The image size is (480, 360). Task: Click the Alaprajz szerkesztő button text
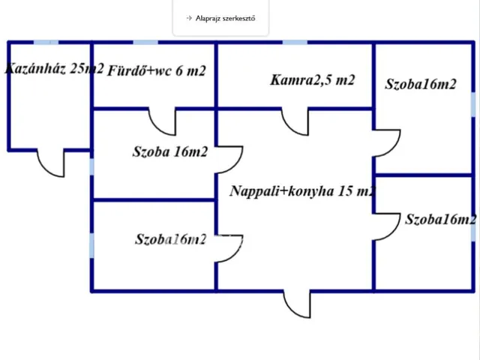pyautogui.click(x=225, y=18)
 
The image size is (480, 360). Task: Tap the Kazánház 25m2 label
pyautogui.click(x=55, y=68)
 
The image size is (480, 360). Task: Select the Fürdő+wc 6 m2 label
pyautogui.click(x=157, y=70)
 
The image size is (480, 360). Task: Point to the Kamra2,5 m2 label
pyautogui.click(x=312, y=80)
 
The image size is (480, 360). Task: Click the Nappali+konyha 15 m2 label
pyautogui.click(x=302, y=191)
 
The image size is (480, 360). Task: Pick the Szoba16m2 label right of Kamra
pyautogui.click(x=421, y=84)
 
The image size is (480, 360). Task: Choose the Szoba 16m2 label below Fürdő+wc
pyautogui.click(x=170, y=151)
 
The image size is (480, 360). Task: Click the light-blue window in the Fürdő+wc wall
pyautogui.click(x=145, y=42)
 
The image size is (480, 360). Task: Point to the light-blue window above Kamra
pyautogui.click(x=295, y=42)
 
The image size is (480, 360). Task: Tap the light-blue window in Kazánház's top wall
pyautogui.click(x=46, y=42)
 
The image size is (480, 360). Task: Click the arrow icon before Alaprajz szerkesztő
pyautogui.click(x=189, y=18)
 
